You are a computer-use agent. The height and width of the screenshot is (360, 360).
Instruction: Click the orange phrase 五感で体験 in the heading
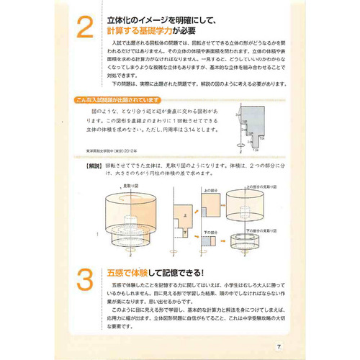127,273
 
